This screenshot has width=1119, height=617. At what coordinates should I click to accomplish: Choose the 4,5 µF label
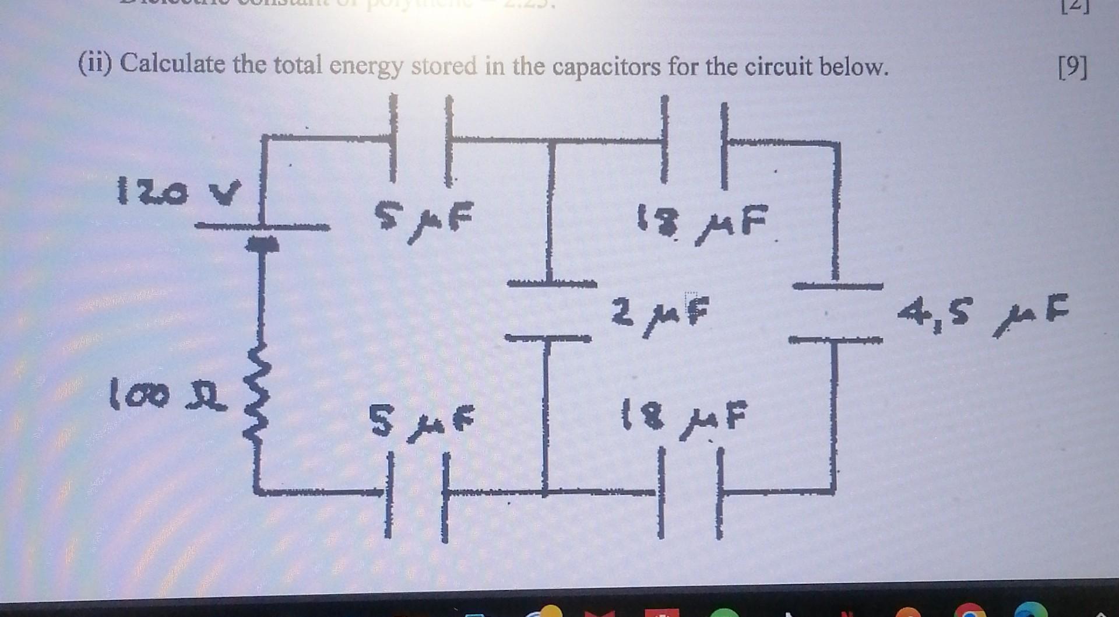[984, 315]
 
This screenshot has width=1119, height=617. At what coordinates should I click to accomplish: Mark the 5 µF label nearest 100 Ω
[422, 421]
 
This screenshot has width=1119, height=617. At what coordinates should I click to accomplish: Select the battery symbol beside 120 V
[262, 233]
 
